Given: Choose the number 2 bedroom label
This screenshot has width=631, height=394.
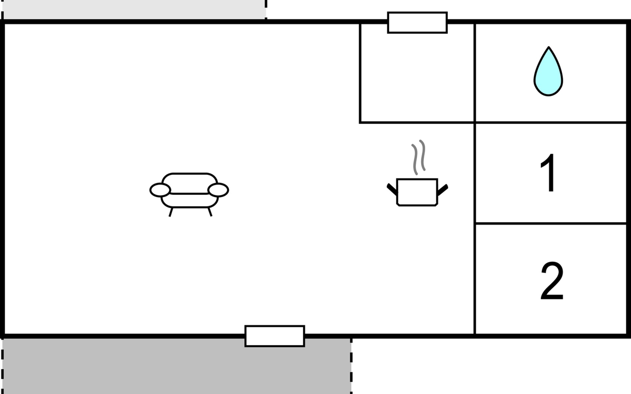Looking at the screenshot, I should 552,281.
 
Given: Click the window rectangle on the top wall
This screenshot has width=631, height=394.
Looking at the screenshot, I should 417,23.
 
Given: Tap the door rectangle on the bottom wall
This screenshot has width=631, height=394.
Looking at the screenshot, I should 274,336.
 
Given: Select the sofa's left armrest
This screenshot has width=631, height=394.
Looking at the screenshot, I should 160,190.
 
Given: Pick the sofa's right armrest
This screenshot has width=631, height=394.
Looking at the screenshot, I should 218,190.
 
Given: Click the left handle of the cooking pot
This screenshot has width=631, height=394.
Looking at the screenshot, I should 392,190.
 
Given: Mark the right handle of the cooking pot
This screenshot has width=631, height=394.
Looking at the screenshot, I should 442,190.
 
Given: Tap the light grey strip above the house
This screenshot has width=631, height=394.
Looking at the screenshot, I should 131,9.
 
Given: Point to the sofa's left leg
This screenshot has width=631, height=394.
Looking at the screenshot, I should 171,212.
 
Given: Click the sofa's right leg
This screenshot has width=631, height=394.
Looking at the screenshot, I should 210,212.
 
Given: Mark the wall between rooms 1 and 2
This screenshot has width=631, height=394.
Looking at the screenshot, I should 551,224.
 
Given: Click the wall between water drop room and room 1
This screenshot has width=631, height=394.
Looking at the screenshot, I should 551,122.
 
